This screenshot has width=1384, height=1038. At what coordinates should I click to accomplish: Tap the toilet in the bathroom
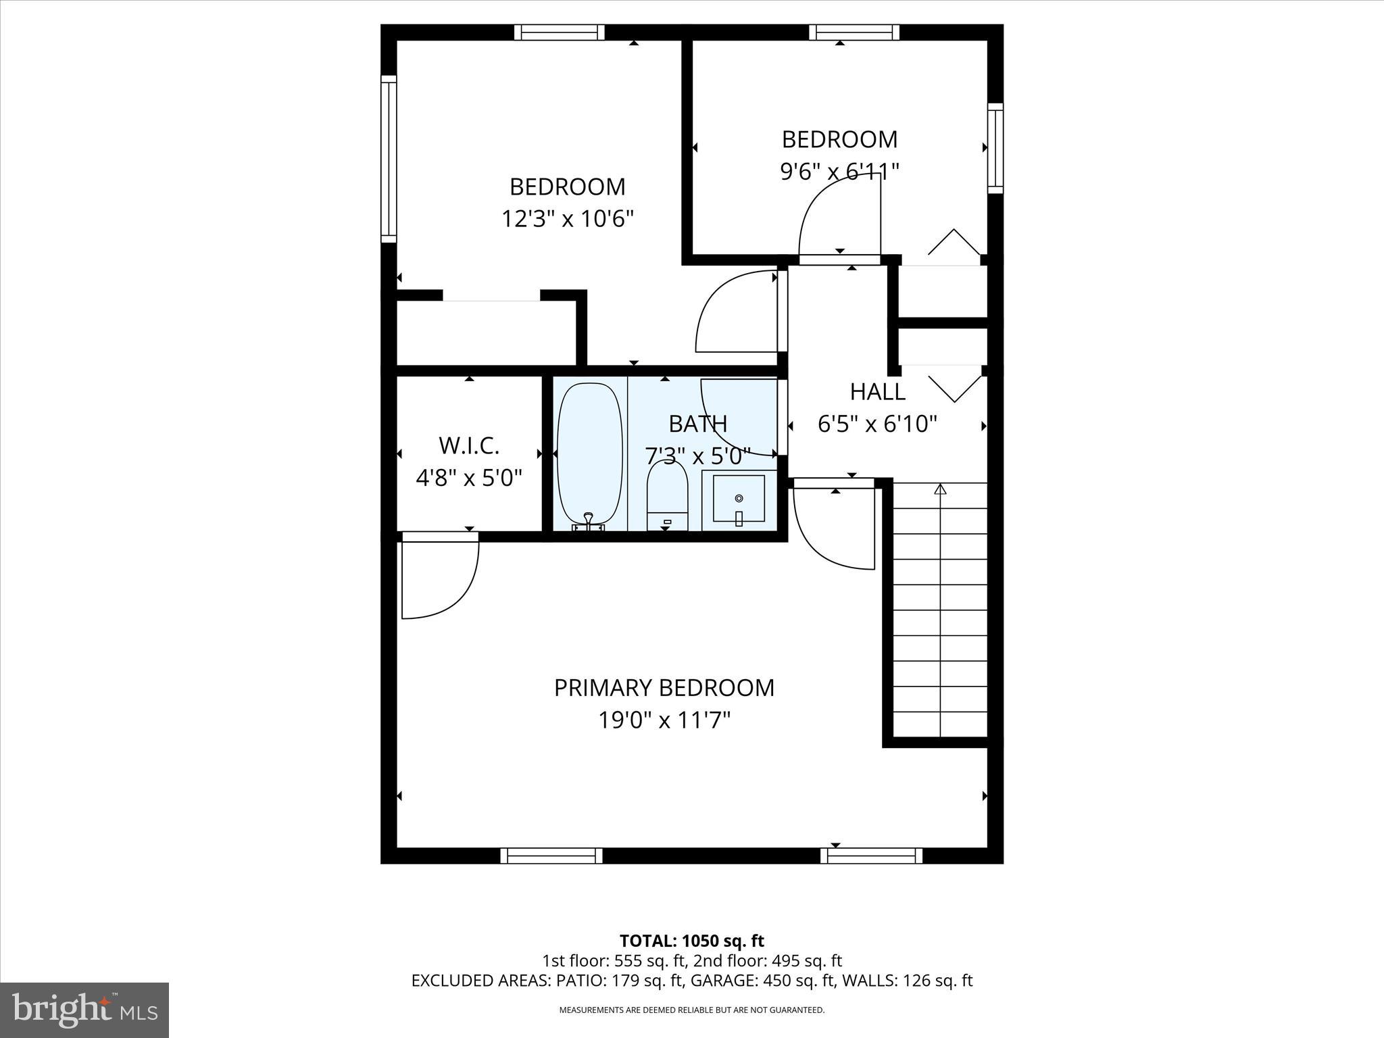click(667, 496)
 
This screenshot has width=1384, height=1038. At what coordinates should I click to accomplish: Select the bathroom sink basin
click(739, 499)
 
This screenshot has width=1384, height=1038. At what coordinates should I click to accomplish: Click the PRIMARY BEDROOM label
click(664, 688)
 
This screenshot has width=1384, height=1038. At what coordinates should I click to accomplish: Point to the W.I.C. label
click(469, 446)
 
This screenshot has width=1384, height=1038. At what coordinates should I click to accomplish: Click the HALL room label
click(877, 392)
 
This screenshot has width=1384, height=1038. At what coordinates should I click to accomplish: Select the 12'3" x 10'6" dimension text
click(568, 219)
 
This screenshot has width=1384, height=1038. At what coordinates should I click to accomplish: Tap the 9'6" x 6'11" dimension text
click(839, 172)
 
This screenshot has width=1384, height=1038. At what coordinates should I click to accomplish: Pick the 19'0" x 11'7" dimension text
click(664, 720)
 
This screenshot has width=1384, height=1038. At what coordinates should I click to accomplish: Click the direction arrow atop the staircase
click(940, 488)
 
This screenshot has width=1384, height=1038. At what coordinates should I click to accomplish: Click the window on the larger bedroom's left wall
click(389, 159)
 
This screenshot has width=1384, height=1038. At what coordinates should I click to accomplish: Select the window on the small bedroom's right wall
click(995, 148)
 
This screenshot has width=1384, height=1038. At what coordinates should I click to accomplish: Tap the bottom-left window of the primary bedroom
click(551, 856)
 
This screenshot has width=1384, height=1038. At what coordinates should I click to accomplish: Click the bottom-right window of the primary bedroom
click(872, 856)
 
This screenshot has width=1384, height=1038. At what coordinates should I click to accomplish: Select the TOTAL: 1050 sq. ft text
click(692, 941)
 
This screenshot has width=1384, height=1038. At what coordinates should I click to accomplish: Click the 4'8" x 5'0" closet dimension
click(469, 478)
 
